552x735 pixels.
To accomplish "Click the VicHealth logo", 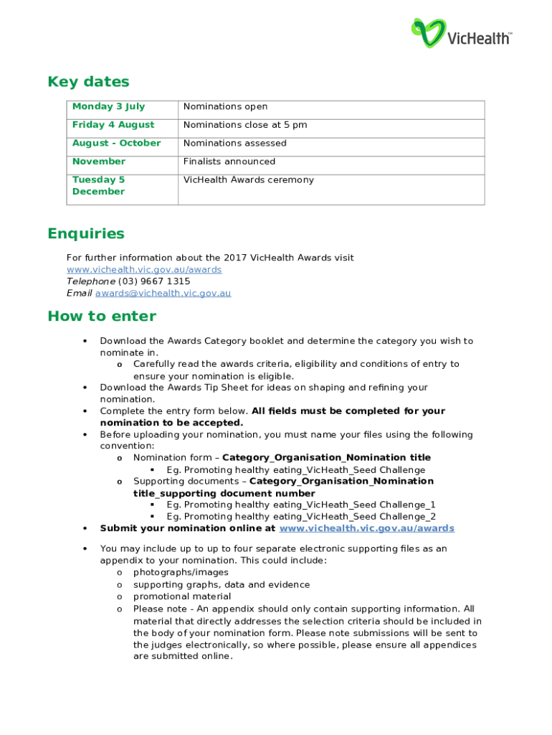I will [x=461, y=33].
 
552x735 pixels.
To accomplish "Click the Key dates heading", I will [x=88, y=82].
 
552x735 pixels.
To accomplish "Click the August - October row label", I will [x=116, y=144].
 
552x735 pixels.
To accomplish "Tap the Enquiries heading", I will [x=85, y=234].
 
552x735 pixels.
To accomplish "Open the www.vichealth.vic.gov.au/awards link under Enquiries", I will [x=143, y=270].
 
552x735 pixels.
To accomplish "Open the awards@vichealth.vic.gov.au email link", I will [x=163, y=293].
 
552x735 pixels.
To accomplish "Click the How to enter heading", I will [x=101, y=317].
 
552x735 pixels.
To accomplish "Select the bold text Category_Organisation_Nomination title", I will [x=326, y=458].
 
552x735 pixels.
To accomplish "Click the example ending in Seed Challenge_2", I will [x=300, y=517].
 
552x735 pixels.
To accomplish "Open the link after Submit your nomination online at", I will [x=366, y=528].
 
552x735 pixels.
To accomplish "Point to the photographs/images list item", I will [x=181, y=573].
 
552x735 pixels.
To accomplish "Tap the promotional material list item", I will [x=182, y=596].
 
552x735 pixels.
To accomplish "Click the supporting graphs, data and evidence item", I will [x=221, y=585].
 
